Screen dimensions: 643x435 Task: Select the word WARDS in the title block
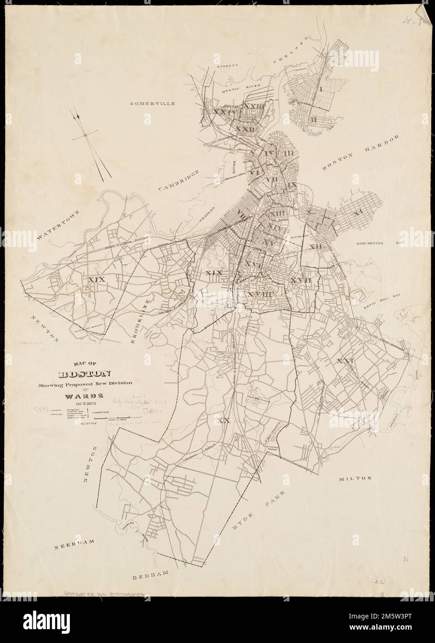click(x=85, y=396)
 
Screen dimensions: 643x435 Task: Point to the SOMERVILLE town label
click(x=152, y=104)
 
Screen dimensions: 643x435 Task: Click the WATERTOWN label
click(x=59, y=223)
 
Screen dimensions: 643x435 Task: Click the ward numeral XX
click(x=224, y=421)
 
